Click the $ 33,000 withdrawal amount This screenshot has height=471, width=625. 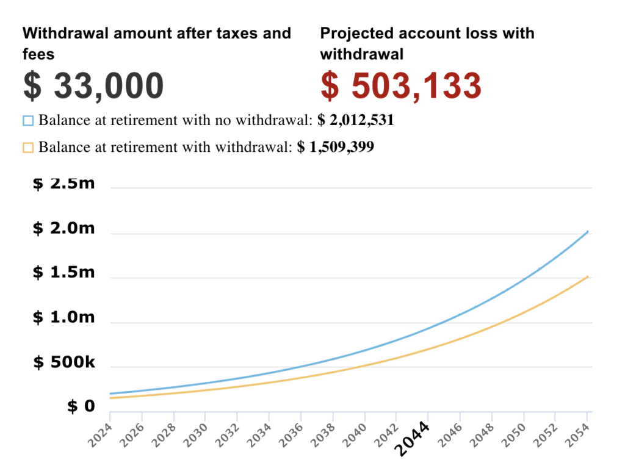point(93,85)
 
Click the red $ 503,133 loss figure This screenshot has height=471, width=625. point(401,85)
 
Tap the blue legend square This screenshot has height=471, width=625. point(28,120)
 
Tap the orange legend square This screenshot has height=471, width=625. point(28,147)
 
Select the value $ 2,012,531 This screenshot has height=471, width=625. point(356,120)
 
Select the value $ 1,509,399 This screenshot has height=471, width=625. point(335,147)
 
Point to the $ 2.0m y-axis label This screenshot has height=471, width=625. point(64,228)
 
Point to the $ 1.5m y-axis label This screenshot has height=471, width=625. point(64,273)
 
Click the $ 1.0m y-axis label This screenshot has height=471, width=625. point(64,317)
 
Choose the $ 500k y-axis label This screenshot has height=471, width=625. point(64,362)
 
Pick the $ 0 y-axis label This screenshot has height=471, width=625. point(81,406)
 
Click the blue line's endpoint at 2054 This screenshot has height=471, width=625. point(587,232)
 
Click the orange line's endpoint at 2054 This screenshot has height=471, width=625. point(587,277)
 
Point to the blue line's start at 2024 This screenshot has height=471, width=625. point(110,394)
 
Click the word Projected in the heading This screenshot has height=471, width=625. point(349,33)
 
